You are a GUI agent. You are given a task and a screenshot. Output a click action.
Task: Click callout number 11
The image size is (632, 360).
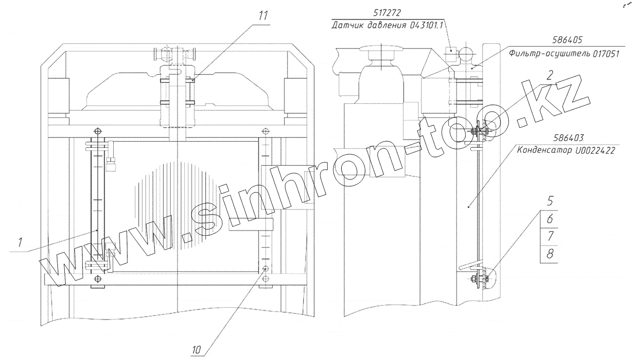click(263, 16)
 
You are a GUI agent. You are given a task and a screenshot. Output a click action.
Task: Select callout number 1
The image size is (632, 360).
click(20, 243)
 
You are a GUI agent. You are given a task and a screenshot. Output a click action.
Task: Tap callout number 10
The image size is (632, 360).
click(196, 350)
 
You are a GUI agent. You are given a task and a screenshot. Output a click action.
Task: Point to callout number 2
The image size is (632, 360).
click(550, 75)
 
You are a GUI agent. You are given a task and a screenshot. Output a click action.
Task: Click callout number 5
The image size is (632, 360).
click(550, 201)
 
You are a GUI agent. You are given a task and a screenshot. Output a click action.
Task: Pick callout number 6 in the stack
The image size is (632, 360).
click(550, 219)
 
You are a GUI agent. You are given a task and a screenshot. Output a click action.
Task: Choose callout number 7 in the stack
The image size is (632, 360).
click(550, 236)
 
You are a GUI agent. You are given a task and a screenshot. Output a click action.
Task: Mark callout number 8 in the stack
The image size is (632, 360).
click(550, 254)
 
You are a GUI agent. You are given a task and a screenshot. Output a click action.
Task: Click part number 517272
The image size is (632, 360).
click(387, 13)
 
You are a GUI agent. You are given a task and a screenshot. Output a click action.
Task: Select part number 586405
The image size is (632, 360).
click(567, 40)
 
